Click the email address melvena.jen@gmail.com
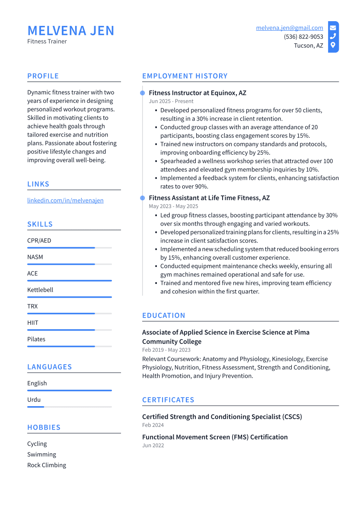[289, 28]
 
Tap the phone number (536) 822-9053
[303, 37]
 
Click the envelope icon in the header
[333, 28]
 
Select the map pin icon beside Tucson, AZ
[333, 45]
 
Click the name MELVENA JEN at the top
[71, 31]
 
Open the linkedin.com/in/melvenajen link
[65, 200]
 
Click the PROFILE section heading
[43, 76]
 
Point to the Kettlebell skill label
[40, 290]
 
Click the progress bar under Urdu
[69, 407]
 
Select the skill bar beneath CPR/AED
[69, 248]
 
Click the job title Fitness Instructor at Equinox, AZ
[198, 93]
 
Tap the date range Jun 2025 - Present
[171, 102]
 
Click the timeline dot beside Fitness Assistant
[142, 198]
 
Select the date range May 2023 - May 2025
[173, 207]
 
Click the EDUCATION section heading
[163, 315]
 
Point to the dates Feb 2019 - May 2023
[166, 350]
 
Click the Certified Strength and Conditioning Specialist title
[222, 417]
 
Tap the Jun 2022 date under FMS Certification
[153, 445]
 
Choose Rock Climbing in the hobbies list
[47, 465]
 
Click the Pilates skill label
[36, 339]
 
